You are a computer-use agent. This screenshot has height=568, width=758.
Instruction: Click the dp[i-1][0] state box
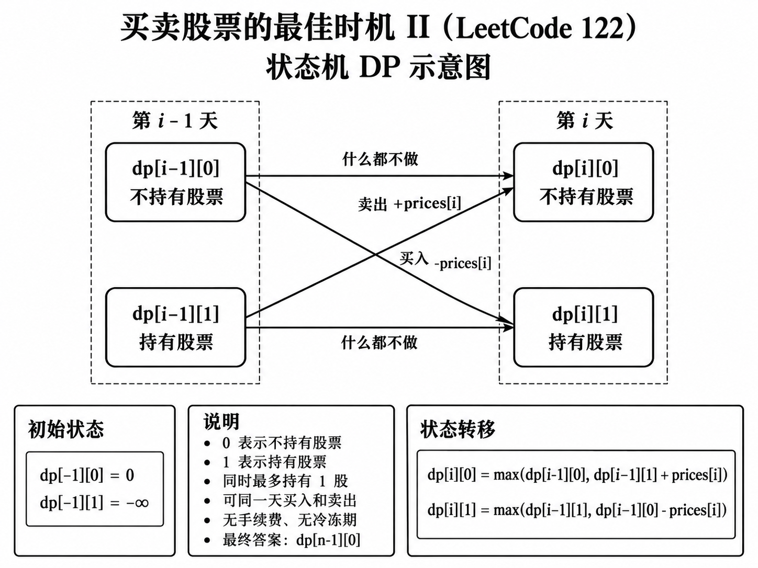(175, 182)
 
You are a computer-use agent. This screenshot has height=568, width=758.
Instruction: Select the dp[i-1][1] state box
(175, 327)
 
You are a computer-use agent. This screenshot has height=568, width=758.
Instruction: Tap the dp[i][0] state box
(583, 182)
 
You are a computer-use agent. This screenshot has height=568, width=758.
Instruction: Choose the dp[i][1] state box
(583, 327)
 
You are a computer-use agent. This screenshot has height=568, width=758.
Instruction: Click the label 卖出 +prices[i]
(409, 204)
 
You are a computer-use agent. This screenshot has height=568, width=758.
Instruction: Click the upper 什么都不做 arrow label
(380, 160)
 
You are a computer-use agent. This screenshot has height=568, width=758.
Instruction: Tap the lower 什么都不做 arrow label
(379, 343)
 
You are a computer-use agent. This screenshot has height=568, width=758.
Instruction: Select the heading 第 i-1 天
(175, 121)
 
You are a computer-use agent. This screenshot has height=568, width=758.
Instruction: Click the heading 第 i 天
(585, 121)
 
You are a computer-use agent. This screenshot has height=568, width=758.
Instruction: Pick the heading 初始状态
(65, 429)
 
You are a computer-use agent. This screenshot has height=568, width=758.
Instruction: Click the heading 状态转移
(458, 429)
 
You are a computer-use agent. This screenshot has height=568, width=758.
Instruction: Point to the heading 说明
(221, 421)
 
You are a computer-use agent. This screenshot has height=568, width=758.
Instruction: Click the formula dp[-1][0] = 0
(87, 475)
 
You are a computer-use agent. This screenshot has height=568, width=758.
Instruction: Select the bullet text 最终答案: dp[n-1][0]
(291, 540)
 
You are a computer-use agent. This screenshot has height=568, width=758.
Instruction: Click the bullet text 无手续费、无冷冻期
(289, 520)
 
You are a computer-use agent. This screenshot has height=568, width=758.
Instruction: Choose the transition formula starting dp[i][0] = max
(577, 475)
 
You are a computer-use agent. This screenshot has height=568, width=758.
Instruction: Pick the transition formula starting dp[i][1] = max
(577, 510)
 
